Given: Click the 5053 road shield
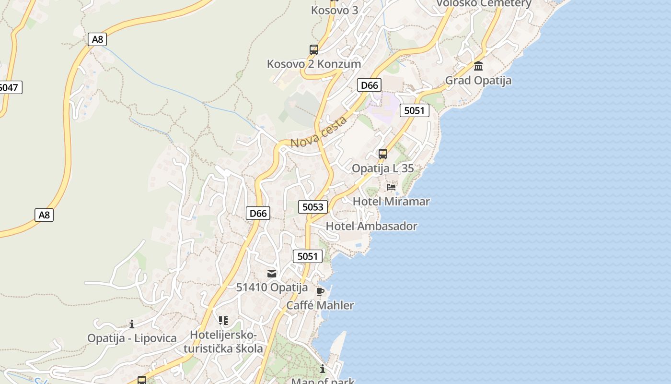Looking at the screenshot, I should click(x=313, y=207).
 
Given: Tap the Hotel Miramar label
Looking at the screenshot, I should click(x=391, y=201).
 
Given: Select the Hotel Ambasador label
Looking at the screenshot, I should click(x=371, y=226).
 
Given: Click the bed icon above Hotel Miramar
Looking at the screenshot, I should click(x=391, y=187).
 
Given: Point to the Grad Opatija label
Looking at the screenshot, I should click(x=478, y=80).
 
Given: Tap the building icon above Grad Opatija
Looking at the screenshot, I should click(x=478, y=66).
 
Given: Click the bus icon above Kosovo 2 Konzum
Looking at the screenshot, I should click(x=314, y=49).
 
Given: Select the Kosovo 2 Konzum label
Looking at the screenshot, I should click(x=314, y=64).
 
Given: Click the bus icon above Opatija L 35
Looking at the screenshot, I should click(x=382, y=154).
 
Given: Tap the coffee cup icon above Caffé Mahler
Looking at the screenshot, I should click(x=320, y=291).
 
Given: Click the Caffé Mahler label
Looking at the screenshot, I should click(x=320, y=305).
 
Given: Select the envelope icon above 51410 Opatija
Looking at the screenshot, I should click(x=272, y=274).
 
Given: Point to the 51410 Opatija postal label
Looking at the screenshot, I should click(x=272, y=288).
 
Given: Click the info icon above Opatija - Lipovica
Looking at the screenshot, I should click(x=132, y=324).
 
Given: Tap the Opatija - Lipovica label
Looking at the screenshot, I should click(x=132, y=338).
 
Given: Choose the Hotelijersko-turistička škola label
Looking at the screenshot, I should click(x=223, y=341).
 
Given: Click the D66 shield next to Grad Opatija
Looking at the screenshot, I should click(x=369, y=85).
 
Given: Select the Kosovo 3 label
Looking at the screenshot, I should click(x=335, y=10).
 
